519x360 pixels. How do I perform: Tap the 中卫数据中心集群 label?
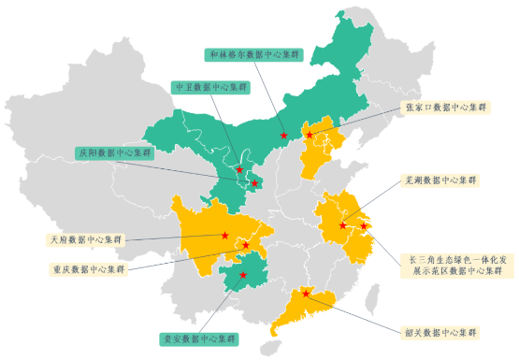coord(212,87)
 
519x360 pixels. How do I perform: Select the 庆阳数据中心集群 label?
coord(113,151)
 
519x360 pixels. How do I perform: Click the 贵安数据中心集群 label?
coord(198,338)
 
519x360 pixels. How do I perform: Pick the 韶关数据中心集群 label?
coord(439,332)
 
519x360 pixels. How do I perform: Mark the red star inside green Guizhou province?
coord(243,275)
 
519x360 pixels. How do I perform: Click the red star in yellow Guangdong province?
coord(307,295)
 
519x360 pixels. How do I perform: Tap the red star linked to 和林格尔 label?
coord(283,137)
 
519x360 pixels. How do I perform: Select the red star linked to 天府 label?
coord(225,236)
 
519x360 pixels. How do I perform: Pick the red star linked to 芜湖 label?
coord(343,224)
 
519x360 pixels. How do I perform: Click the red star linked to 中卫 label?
coord(239,169)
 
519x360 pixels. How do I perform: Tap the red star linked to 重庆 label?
coord(247,245)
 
